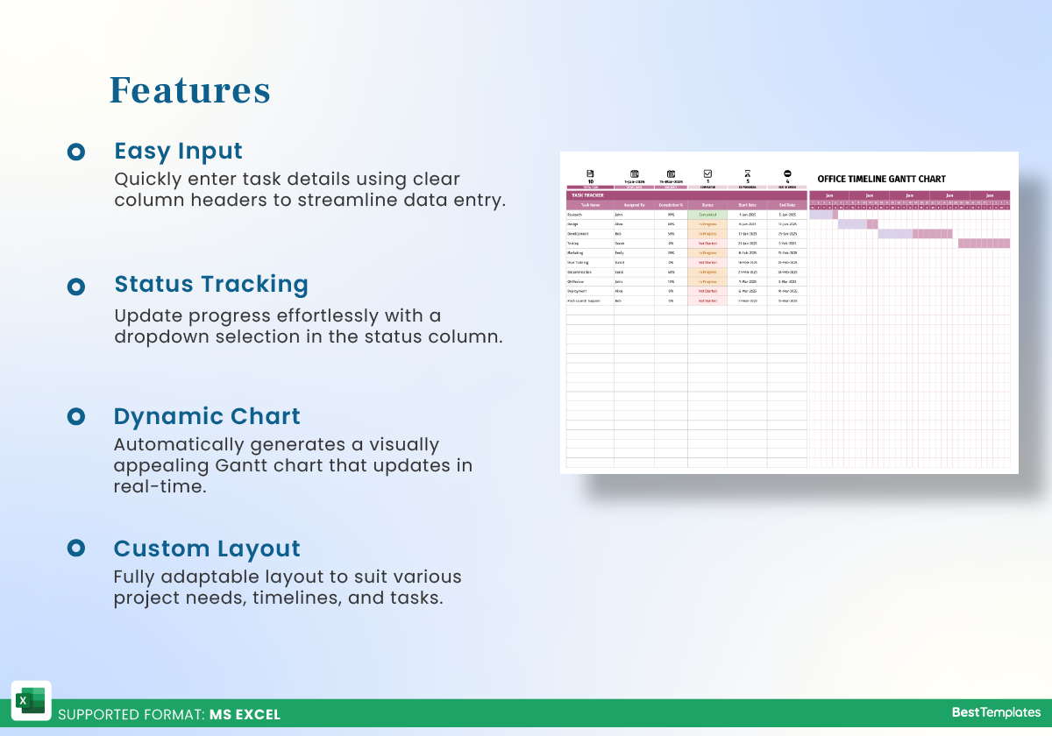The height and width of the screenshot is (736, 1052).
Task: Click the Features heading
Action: (x=189, y=90)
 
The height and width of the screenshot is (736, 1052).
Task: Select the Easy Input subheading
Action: (x=178, y=151)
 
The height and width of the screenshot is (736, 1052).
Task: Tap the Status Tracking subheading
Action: (x=211, y=284)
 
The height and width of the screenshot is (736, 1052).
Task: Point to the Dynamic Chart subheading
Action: (x=207, y=416)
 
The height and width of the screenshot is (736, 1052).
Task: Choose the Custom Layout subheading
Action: (x=207, y=548)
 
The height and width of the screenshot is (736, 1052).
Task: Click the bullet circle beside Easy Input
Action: (x=76, y=152)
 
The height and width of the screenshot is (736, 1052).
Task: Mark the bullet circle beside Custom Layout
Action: (x=76, y=548)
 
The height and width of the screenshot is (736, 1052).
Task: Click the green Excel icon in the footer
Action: (x=31, y=701)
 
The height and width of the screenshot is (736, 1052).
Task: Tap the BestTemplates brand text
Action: (x=996, y=712)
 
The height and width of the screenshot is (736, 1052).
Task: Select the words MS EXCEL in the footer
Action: (x=245, y=714)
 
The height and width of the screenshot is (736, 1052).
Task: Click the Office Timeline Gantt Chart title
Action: (x=881, y=179)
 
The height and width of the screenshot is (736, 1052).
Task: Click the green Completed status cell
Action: (x=707, y=214)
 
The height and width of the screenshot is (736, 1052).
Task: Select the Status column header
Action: (x=707, y=205)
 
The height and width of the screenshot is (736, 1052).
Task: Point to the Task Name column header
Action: (x=589, y=205)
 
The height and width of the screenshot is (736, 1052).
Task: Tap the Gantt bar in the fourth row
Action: (x=984, y=244)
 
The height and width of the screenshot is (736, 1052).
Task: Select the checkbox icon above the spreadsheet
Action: (x=707, y=173)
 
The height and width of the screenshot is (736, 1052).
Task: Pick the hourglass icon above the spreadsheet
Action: (x=747, y=173)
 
